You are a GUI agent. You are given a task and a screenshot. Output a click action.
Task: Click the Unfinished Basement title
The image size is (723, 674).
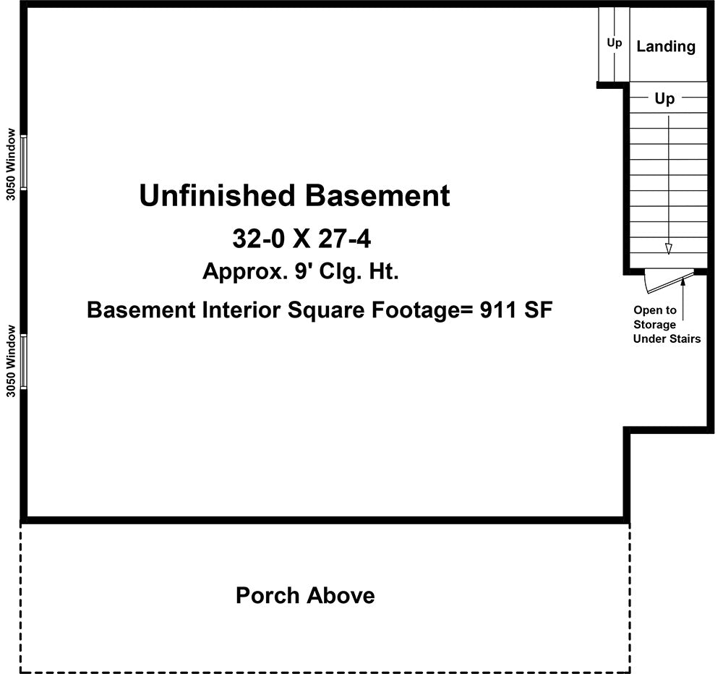(294, 196)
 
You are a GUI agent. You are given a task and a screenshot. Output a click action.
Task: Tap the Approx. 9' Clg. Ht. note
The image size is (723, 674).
(301, 272)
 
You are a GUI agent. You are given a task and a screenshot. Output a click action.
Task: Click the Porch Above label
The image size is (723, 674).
(305, 596)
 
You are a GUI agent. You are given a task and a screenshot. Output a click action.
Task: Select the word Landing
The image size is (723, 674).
(666, 46)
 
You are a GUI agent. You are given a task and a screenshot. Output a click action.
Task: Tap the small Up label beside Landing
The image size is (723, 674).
(614, 43)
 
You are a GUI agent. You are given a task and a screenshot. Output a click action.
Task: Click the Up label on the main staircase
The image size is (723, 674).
(664, 98)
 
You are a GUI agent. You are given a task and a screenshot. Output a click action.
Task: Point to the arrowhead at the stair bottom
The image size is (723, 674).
(669, 249)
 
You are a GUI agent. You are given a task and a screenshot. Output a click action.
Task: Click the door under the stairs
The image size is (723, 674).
(669, 281)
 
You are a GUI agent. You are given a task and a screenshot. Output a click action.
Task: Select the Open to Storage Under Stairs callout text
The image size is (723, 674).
(666, 325)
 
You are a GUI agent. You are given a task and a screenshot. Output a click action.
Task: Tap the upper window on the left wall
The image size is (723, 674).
(24, 162)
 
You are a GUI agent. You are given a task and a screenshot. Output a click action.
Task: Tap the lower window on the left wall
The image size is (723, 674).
(24, 361)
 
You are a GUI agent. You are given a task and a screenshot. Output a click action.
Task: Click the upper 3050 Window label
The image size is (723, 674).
(10, 163)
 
